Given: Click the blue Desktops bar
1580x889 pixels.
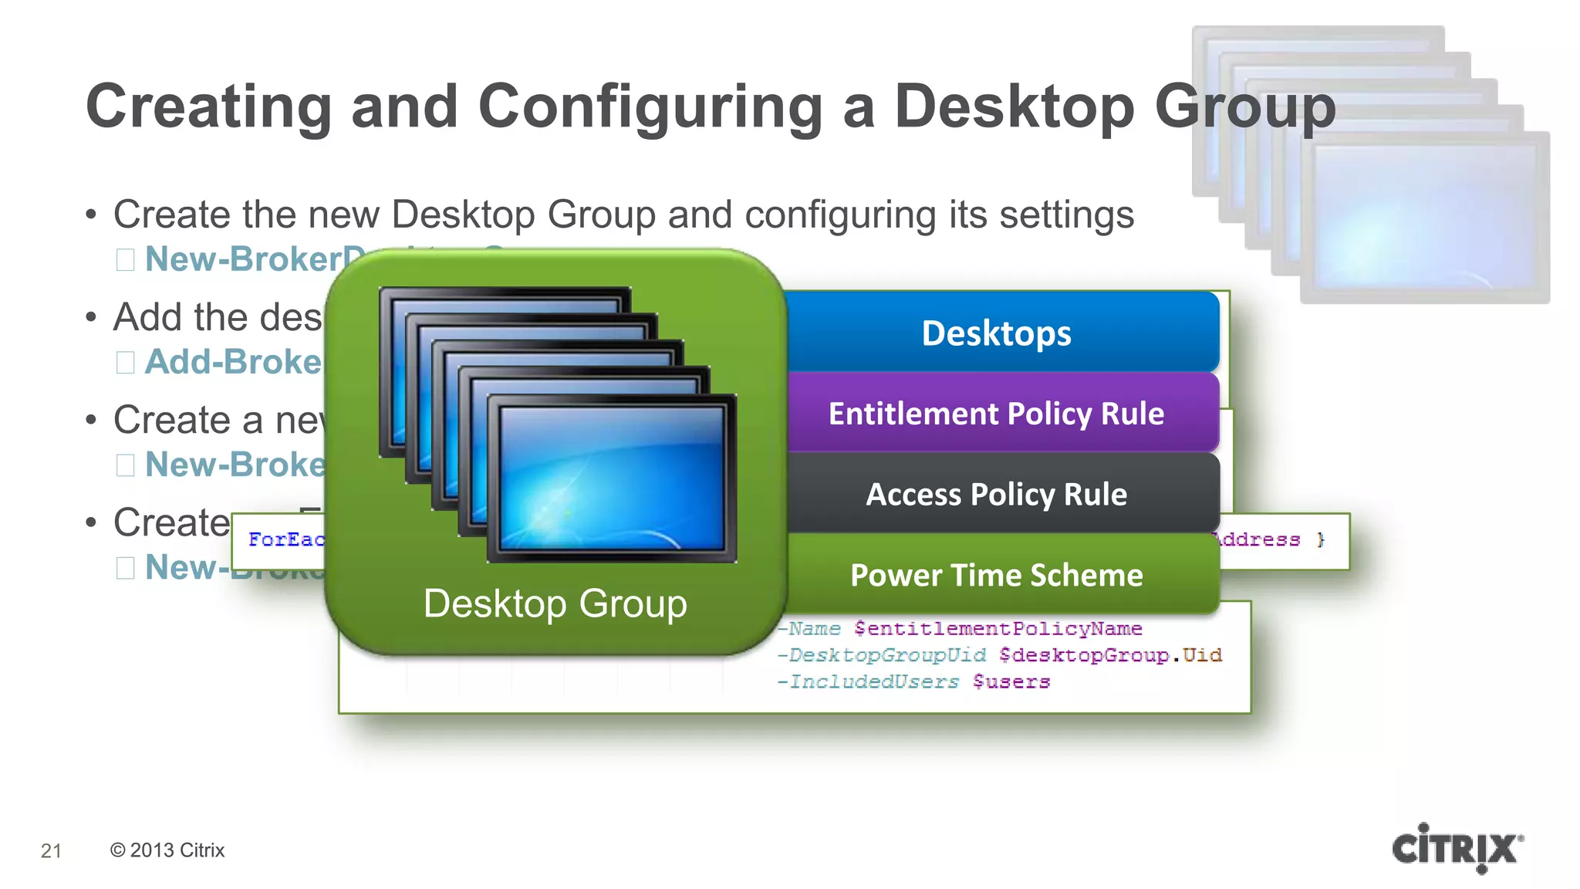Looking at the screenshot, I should pyautogui.click(x=996, y=333).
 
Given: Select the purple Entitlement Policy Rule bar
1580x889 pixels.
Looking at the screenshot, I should pyautogui.click(x=996, y=414).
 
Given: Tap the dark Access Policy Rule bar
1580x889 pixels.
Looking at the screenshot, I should pyautogui.click(x=996, y=494).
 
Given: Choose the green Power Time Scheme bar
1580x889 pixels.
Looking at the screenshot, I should pyautogui.click(x=996, y=575).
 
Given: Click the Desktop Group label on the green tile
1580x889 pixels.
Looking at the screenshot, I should pyautogui.click(x=555, y=603).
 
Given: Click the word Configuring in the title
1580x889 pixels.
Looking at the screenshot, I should pyautogui.click(x=650, y=106).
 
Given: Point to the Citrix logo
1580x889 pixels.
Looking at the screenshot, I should pyautogui.click(x=1457, y=848).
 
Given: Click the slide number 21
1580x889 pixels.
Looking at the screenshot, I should pyautogui.click(x=51, y=850).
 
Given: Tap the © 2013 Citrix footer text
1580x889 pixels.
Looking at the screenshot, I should pyautogui.click(x=167, y=850).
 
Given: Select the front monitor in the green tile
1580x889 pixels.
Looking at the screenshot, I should pyautogui.click(x=612, y=478).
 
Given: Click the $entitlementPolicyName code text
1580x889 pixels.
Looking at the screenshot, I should pyautogui.click(x=998, y=629).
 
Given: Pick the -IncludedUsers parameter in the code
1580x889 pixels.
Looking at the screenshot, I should pyautogui.click(x=868, y=682).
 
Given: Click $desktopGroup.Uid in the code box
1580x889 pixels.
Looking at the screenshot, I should pyautogui.click(x=1109, y=655).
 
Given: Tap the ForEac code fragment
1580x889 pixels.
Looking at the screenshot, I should pyautogui.click(x=285, y=539).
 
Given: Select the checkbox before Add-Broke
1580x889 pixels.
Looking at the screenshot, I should pyautogui.click(x=125, y=362).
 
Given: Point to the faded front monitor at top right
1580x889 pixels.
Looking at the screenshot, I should pyautogui.click(x=1424, y=216).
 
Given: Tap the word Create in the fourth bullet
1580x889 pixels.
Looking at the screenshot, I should pyautogui.click(x=171, y=522).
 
